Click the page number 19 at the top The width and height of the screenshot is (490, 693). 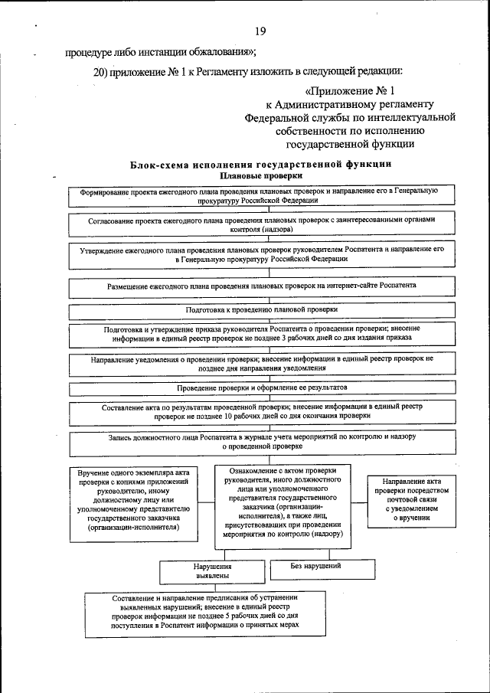pyautogui.click(x=260, y=31)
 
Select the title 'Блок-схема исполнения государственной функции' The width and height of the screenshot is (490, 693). pyautogui.click(x=260, y=164)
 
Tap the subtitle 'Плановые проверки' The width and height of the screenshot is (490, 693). pyautogui.click(x=261, y=175)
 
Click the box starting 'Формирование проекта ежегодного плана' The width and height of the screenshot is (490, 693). pyautogui.click(x=259, y=195)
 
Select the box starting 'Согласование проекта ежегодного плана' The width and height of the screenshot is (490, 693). pyautogui.click(x=259, y=224)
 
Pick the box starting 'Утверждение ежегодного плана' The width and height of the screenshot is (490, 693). pyautogui.click(x=259, y=254)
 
